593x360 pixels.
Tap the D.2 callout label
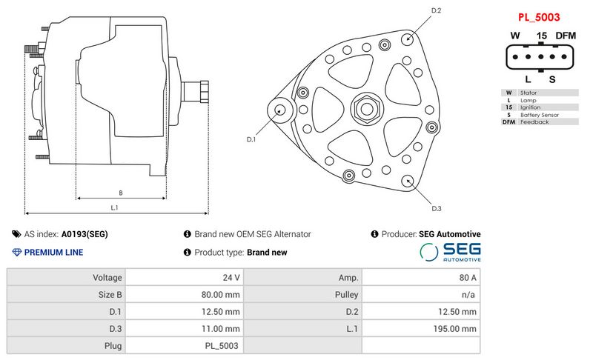pos(437,10)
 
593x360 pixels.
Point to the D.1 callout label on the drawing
pos(251,139)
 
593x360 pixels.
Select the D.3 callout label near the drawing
pos(437,208)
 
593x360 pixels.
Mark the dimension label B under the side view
pos(121,193)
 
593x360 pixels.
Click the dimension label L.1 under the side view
pos(116,208)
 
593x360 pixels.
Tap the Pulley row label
pos(347,295)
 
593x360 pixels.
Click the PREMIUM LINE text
pos(53,253)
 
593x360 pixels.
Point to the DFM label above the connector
pos(566,36)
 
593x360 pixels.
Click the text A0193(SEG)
pos(85,234)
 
